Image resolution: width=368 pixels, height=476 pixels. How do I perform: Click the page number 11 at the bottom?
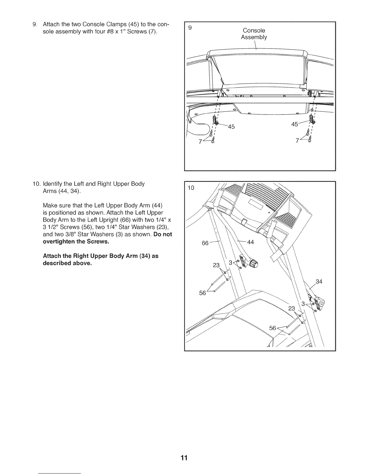pyautogui.click(x=184, y=458)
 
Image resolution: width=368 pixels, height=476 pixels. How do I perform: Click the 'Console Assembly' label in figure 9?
pyautogui.click(x=254, y=34)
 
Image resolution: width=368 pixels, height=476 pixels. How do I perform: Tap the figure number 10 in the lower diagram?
pyautogui.click(x=191, y=188)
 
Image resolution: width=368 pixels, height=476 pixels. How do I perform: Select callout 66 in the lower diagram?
pyautogui.click(x=205, y=243)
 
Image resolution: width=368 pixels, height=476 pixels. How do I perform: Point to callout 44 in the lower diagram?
pyautogui.click(x=250, y=242)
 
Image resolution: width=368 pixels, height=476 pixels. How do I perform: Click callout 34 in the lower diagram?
pyautogui.click(x=319, y=282)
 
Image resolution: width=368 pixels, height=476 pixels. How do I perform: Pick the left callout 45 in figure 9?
pyautogui.click(x=231, y=127)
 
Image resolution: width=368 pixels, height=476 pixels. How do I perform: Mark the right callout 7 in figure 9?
pyautogui.click(x=297, y=141)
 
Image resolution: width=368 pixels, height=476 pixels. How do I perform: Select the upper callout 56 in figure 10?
pyautogui.click(x=203, y=293)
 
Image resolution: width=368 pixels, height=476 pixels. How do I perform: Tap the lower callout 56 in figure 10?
pyautogui.click(x=272, y=328)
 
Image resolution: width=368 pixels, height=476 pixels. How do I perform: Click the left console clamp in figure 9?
pyautogui.click(x=215, y=119)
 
